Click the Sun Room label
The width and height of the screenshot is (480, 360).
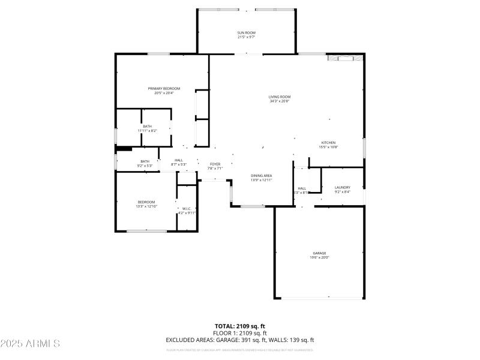point(245,32)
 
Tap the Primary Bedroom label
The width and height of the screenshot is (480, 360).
point(164,89)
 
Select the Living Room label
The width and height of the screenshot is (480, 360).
point(280,97)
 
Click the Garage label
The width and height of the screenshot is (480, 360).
point(319,253)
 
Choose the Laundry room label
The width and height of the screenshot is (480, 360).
point(342,187)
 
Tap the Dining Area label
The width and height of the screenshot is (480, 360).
point(262,175)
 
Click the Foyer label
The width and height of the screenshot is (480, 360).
point(215,164)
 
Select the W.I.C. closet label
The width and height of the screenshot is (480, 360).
point(187,209)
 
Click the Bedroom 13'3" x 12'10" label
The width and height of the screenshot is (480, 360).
point(146,202)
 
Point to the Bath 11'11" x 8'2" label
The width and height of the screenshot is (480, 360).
point(148,127)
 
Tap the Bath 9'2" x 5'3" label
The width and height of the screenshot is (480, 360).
point(145,161)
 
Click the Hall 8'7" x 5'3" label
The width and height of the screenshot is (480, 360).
point(179,160)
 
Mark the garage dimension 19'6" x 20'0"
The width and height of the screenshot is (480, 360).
point(319,257)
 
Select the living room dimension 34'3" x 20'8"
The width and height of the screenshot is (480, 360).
point(280,101)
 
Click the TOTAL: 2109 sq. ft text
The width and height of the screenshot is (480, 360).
point(240,326)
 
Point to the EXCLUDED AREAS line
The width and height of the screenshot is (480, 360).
point(240,340)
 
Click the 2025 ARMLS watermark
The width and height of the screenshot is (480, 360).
point(30,343)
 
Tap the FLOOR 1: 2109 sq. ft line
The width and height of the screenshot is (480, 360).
point(240,333)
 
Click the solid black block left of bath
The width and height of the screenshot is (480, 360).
point(124,148)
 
